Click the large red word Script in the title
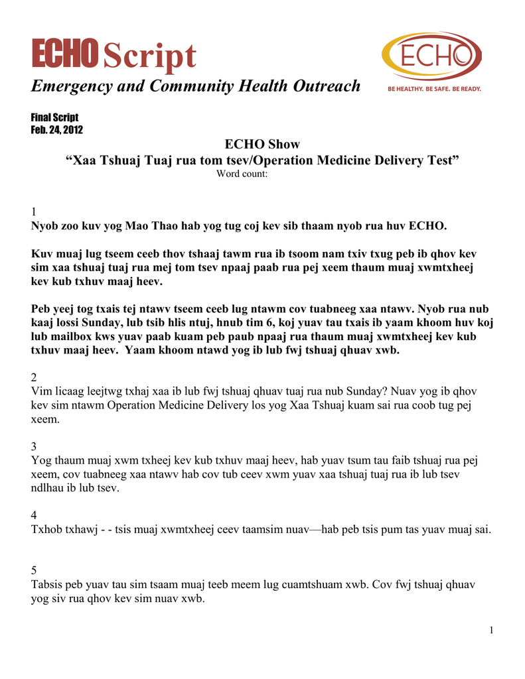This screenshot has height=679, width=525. point(150,56)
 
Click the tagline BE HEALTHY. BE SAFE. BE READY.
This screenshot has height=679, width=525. point(435,89)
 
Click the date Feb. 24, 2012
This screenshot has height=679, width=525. point(57,129)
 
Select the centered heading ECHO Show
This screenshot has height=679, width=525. point(262,145)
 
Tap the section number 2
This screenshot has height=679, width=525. point(35,377)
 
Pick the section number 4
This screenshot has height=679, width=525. point(35,515)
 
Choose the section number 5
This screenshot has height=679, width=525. point(35,570)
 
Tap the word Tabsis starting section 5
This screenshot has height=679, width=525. point(48,584)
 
